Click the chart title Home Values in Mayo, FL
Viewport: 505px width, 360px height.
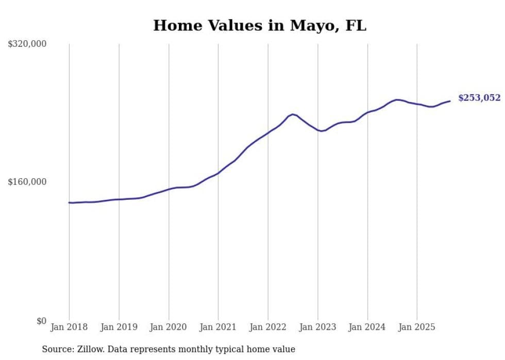point(260,25)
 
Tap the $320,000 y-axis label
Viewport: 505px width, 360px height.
point(27,44)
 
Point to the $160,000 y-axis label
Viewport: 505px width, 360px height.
point(27,182)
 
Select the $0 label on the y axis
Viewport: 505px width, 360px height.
point(41,321)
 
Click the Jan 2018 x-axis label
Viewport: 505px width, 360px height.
point(69,327)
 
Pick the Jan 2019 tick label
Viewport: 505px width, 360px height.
point(119,327)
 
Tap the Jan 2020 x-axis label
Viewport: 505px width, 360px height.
point(169,327)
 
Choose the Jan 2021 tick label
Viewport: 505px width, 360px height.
point(218,327)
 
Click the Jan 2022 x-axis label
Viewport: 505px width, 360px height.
point(268,327)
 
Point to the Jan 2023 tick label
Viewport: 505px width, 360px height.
point(317,327)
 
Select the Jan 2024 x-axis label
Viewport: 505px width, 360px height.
point(367,327)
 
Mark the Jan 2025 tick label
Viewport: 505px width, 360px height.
point(417,327)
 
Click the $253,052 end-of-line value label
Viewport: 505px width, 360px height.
point(479,98)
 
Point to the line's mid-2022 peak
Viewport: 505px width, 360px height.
point(292,114)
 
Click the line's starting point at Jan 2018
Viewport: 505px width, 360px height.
point(70,202)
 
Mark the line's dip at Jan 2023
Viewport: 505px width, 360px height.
point(321,131)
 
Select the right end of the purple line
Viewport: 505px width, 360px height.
point(450,101)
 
